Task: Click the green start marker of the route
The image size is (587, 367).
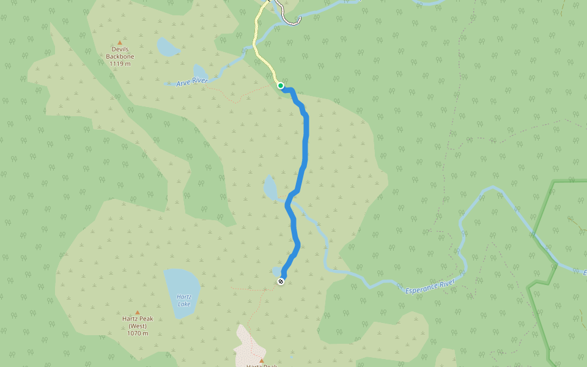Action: tap(280, 86)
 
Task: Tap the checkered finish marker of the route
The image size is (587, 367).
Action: tap(281, 281)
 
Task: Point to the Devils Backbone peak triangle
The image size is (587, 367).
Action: tap(119, 43)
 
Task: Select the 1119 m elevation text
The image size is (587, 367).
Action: tap(120, 64)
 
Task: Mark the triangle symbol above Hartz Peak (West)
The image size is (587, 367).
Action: tap(137, 312)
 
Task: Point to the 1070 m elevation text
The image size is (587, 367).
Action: tap(138, 333)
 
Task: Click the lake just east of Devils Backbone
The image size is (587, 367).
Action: tap(166, 46)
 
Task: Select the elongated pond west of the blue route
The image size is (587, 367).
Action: tap(270, 188)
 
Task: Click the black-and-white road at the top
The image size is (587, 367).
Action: tap(287, 16)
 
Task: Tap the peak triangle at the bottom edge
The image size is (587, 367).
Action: tap(261, 360)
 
